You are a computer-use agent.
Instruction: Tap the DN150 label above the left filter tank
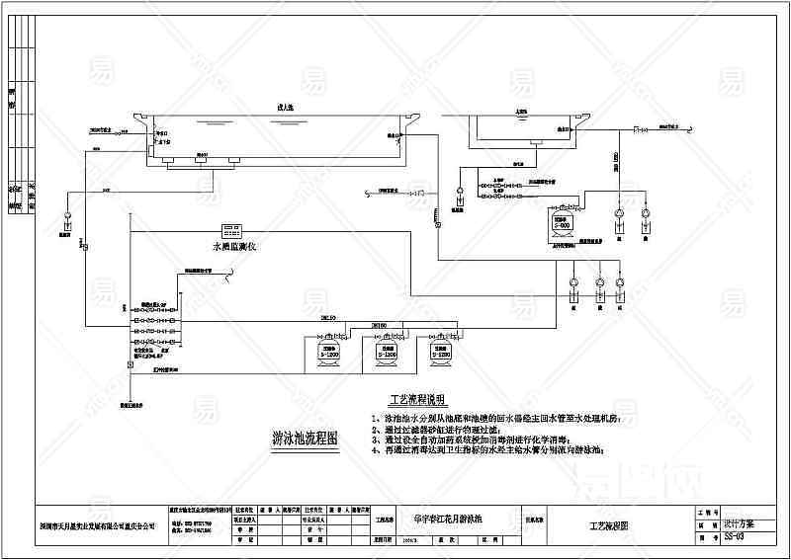coord(327,317)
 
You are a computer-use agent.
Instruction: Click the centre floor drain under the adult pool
coord(203,155)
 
